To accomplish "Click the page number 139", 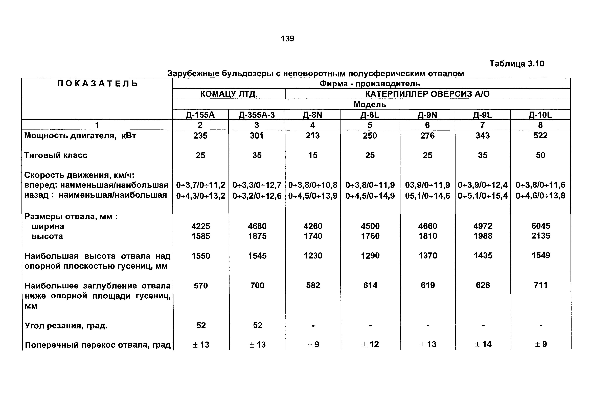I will [287, 39].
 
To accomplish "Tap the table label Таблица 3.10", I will [517, 64].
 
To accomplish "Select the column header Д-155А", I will [200, 115].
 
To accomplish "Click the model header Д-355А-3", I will [257, 115].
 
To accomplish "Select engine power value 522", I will [540, 136].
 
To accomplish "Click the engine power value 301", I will [257, 136].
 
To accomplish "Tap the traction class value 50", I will [540, 155].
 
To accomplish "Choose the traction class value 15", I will [313, 155].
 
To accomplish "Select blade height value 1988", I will [483, 236].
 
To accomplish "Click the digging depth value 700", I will [257, 285].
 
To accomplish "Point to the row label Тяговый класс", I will [56, 155].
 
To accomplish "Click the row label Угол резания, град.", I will [66, 326].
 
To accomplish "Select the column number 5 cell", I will [370, 125].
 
